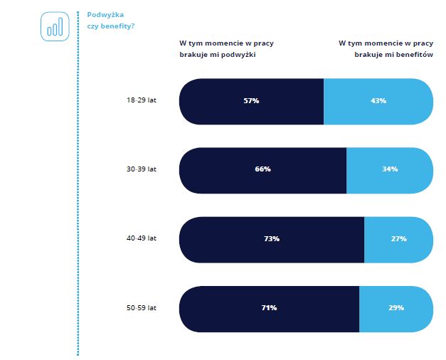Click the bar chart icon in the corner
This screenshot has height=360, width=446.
tap(55, 26)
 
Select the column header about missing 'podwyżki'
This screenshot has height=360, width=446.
tap(226, 48)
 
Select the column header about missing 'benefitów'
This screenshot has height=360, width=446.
tap(386, 48)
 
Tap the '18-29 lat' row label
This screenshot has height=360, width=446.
tap(142, 101)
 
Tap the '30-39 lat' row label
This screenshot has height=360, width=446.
tap(142, 170)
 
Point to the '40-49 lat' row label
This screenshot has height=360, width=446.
tap(142, 238)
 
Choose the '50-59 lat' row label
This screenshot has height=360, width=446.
tap(142, 307)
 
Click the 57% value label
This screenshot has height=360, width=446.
tap(251, 101)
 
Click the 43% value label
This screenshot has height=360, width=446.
tap(378, 101)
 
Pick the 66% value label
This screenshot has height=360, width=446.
tap(262, 170)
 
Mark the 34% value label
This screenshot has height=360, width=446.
tap(390, 170)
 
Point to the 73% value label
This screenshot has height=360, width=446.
tap(271, 239)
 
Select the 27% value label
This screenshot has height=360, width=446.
tap(398, 239)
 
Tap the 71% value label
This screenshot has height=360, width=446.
tap(269, 308)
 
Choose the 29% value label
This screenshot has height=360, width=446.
tap(396, 308)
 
